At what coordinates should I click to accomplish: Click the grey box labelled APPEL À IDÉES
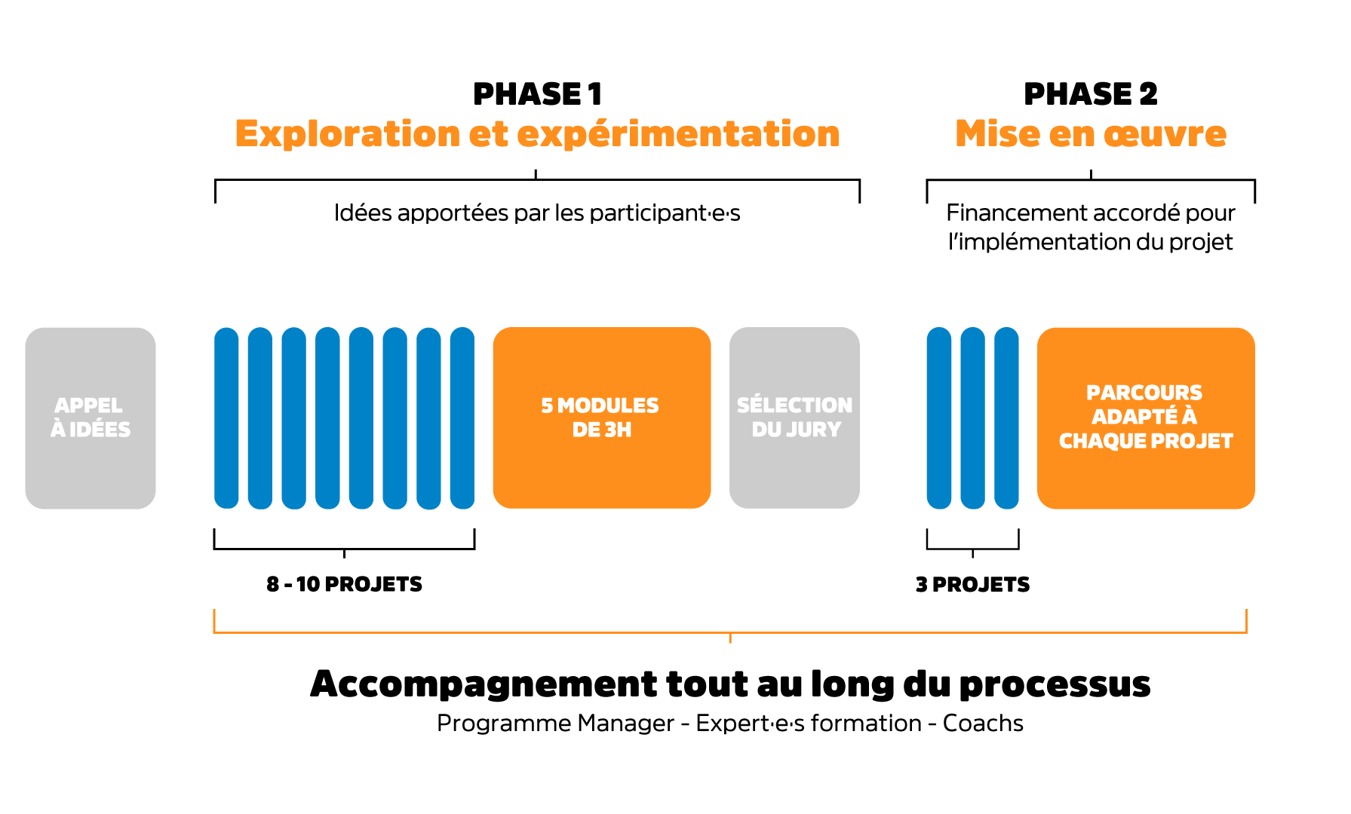tap(91, 418)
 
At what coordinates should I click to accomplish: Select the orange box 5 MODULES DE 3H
tap(601, 418)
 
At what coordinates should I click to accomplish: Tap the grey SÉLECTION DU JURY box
tap(794, 418)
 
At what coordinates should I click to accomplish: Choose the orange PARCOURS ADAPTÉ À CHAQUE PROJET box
tap(1145, 418)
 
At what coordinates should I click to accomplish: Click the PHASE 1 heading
tap(537, 94)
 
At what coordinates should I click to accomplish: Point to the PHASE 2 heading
tap(1090, 94)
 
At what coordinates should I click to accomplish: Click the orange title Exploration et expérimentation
tap(537, 134)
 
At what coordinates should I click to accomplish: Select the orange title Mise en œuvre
tap(1090, 134)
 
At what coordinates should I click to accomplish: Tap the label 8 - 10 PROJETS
tap(344, 584)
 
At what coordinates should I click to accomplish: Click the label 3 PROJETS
tap(972, 584)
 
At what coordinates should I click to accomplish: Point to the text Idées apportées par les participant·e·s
tap(537, 213)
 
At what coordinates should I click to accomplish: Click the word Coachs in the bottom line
tap(983, 724)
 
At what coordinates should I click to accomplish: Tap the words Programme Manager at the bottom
tap(555, 724)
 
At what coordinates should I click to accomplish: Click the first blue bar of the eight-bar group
tap(226, 418)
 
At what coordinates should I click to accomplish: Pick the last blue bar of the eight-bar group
tap(462, 418)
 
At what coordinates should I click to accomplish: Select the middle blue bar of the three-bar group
tap(972, 418)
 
